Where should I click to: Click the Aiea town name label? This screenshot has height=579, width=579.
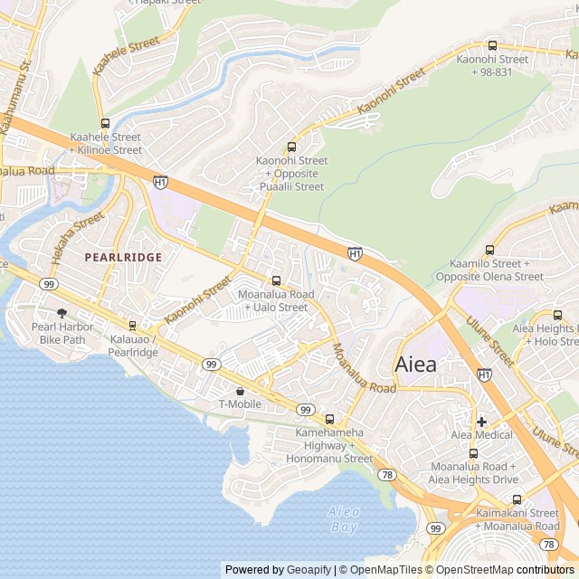(415, 365)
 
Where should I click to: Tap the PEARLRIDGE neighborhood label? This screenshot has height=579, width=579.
(123, 257)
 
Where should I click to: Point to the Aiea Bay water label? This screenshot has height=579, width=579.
(343, 518)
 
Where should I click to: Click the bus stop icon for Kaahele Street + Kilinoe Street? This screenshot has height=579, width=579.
(105, 123)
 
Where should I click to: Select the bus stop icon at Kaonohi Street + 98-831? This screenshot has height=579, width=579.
(492, 45)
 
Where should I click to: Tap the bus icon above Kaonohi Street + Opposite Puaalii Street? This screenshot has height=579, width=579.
(291, 147)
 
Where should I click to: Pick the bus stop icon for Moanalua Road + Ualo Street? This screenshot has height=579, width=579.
(276, 280)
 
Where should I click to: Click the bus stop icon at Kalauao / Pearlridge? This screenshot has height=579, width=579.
(133, 325)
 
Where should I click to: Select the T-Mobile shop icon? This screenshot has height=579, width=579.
(240, 390)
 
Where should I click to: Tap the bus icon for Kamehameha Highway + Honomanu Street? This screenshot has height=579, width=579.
(329, 419)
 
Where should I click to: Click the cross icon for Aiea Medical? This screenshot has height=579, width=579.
(481, 421)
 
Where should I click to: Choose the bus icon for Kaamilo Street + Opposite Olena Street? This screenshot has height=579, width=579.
(490, 250)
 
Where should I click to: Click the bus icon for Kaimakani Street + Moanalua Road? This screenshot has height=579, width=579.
(517, 499)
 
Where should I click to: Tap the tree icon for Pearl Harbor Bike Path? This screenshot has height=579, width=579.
(62, 312)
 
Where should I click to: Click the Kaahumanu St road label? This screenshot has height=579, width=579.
(15, 97)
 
